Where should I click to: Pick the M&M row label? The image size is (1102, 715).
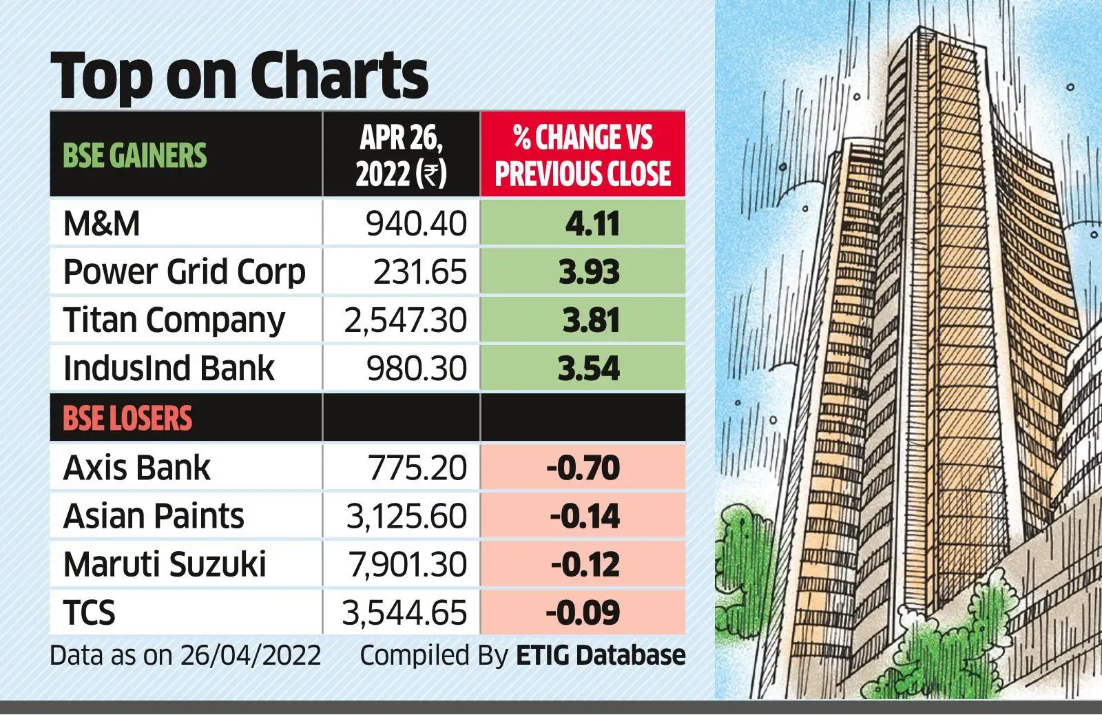102,224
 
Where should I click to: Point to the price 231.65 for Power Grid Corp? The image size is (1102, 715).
420,272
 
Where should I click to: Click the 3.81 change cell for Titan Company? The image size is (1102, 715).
590,320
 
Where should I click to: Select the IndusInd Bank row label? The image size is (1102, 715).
169,369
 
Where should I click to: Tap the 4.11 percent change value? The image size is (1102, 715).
592,224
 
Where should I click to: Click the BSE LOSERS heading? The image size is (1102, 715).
127,418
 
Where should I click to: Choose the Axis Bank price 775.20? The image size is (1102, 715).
417,468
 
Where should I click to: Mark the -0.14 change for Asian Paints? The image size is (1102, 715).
585,517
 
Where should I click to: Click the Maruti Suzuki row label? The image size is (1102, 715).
165,565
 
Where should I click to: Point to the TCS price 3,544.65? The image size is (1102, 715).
404,613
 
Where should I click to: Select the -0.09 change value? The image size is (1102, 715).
583,613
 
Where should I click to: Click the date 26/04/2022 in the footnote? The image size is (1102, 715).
251,655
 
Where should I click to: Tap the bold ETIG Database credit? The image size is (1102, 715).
601,655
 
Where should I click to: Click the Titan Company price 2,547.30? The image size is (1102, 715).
405,320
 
